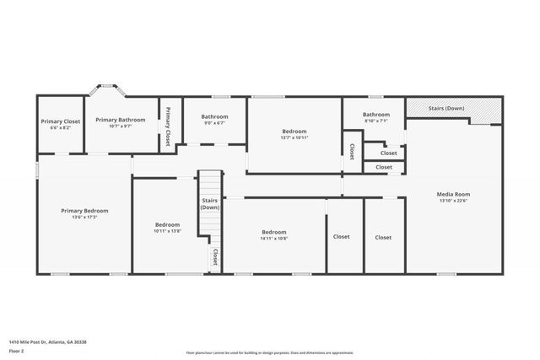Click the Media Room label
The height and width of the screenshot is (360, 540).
452,194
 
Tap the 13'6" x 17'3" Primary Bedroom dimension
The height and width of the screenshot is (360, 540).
84,218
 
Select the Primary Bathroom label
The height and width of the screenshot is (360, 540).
120,120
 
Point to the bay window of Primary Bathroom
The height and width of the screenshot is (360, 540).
108,87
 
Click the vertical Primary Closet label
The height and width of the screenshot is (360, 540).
168,125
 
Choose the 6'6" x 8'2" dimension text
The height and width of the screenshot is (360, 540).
61,128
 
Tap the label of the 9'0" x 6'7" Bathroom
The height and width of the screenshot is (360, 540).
214,116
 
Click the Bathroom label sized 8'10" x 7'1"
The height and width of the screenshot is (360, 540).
376,115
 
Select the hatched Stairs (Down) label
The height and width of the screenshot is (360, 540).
447,109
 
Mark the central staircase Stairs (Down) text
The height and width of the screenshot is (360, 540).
210,203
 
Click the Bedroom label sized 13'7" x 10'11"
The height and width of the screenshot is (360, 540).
294,131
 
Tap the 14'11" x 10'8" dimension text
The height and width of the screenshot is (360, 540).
274,239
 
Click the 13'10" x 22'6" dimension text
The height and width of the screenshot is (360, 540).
452,201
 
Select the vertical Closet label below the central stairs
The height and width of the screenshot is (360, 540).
214,256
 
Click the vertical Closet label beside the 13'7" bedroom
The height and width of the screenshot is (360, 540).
352,151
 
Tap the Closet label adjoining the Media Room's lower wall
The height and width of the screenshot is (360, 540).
383,238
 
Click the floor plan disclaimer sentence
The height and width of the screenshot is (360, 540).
270,352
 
